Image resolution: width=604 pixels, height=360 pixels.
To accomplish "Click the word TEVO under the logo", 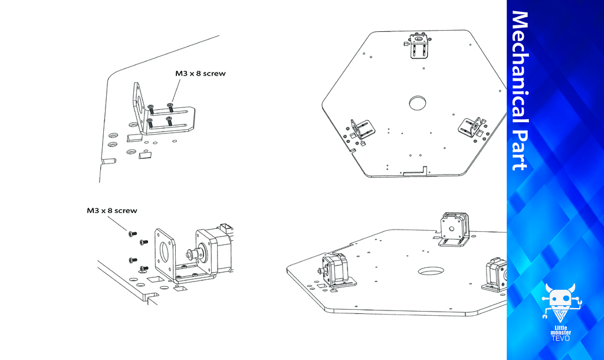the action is point(560,338).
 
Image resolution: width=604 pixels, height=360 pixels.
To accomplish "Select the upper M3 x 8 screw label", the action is point(201,73).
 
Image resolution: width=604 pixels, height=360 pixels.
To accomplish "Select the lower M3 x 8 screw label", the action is point(111,211).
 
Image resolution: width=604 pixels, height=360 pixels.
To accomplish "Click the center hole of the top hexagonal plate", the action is point(417,103).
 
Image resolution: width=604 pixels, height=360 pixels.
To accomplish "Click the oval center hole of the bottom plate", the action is point(431,271).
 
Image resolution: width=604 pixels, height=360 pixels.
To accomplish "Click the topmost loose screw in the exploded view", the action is point(132,233).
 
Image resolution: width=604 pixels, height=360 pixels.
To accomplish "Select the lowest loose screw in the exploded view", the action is point(143,268).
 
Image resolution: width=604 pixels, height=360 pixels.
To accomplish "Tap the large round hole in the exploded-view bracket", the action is point(164,251).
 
